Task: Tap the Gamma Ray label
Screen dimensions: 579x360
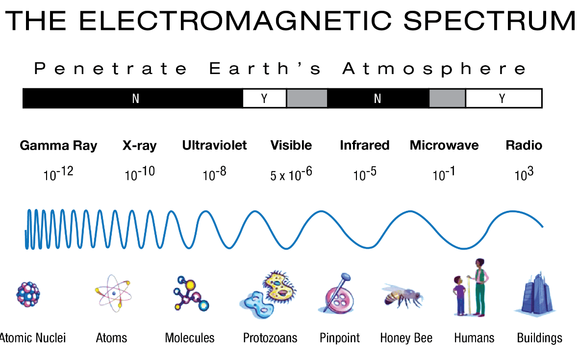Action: click(58, 146)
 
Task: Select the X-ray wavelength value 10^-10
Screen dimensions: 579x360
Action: click(140, 173)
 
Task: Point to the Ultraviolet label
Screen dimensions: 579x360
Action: click(214, 145)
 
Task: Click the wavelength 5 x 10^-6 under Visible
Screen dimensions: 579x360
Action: click(291, 174)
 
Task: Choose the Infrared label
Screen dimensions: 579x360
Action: click(364, 145)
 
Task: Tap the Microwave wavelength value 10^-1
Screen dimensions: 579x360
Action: click(444, 173)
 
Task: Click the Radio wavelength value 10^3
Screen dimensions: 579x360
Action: click(524, 173)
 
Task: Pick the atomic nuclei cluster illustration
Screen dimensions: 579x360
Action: click(28, 294)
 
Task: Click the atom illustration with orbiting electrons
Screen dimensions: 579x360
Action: click(113, 293)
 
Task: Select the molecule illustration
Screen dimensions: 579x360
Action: click(191, 293)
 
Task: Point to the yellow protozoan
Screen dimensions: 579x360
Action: click(279, 285)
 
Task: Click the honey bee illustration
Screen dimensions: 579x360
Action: click(403, 295)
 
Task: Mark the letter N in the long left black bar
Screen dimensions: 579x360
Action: click(135, 99)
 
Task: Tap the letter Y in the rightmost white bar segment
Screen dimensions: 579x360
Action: click(502, 99)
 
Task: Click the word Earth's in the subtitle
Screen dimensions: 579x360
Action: click(265, 69)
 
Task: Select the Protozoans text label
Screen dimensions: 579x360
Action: click(270, 338)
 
